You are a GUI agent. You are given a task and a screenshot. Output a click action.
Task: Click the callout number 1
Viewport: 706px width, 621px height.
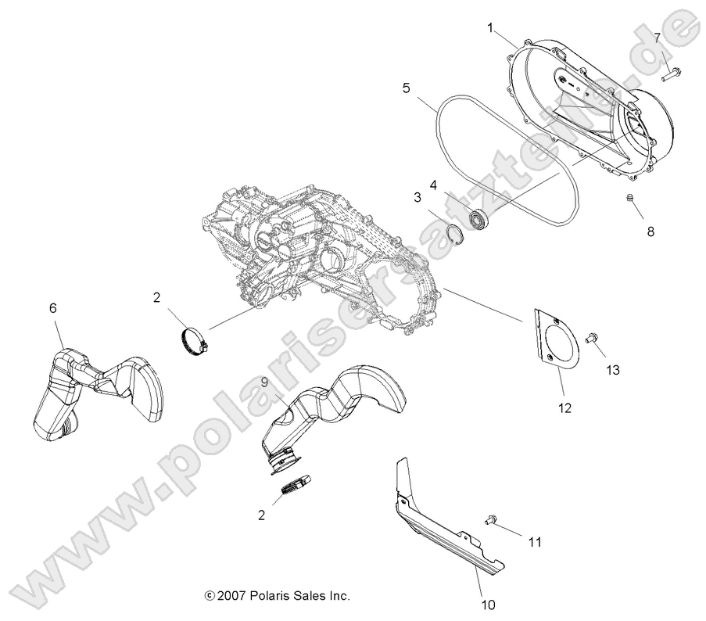click(x=490, y=28)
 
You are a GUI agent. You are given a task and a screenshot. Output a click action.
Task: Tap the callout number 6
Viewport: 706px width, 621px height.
click(x=53, y=309)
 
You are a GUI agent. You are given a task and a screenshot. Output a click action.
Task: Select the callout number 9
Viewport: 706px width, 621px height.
click(x=264, y=382)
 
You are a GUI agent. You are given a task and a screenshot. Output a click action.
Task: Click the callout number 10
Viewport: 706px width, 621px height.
click(x=489, y=605)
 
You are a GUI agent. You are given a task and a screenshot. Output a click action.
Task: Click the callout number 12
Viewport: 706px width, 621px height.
click(x=564, y=407)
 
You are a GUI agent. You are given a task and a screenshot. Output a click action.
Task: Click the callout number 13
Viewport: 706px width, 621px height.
click(x=612, y=370)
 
